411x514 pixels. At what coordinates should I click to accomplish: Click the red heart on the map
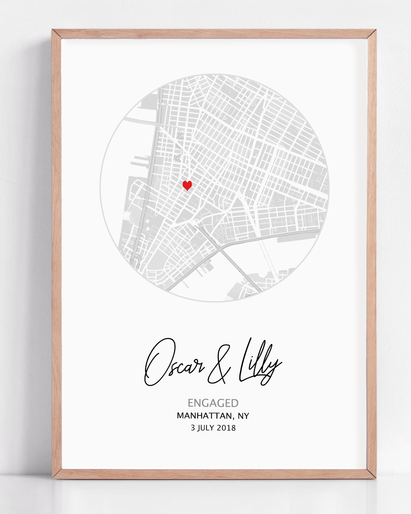click(187, 185)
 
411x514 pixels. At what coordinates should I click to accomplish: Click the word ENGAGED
click(213, 403)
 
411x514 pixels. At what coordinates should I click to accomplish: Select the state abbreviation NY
click(243, 416)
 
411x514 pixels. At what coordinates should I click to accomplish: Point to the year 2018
click(226, 428)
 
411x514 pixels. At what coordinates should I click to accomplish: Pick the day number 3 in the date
click(193, 428)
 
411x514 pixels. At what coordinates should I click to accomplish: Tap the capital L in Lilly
click(245, 359)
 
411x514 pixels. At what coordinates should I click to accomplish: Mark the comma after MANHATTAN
click(234, 418)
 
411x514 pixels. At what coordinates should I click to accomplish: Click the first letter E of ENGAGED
click(190, 403)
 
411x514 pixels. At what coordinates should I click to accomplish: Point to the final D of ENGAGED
click(235, 403)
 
